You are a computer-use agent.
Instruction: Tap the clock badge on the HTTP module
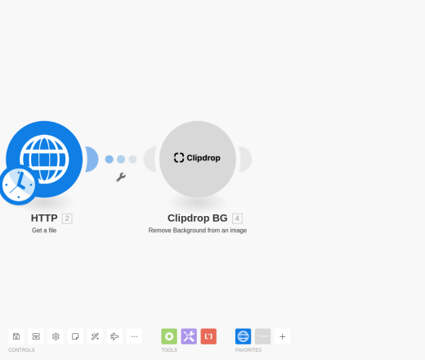point(18,185)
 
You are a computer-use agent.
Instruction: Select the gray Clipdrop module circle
point(198,159)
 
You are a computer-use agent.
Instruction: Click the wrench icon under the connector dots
point(121,177)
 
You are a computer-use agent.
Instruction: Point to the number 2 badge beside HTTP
point(67,218)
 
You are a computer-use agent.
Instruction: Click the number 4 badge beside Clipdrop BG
point(237,218)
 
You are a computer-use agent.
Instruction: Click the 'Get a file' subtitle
point(44,231)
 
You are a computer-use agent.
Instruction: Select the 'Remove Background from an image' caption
point(198,231)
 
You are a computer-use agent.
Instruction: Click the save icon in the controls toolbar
point(16,336)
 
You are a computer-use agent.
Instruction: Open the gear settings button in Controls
point(56,336)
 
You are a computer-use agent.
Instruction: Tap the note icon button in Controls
point(75,336)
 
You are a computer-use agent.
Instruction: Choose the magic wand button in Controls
point(95,336)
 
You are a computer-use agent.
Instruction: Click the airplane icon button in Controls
point(114,336)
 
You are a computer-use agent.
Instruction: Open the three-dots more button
point(134,336)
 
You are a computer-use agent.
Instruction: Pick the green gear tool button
point(169,336)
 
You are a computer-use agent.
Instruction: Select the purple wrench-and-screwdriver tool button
point(189,336)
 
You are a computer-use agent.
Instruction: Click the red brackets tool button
point(208,336)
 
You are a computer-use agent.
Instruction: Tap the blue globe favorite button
point(243,336)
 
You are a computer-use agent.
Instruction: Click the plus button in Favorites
point(283,336)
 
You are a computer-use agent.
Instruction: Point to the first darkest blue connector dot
point(110,160)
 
